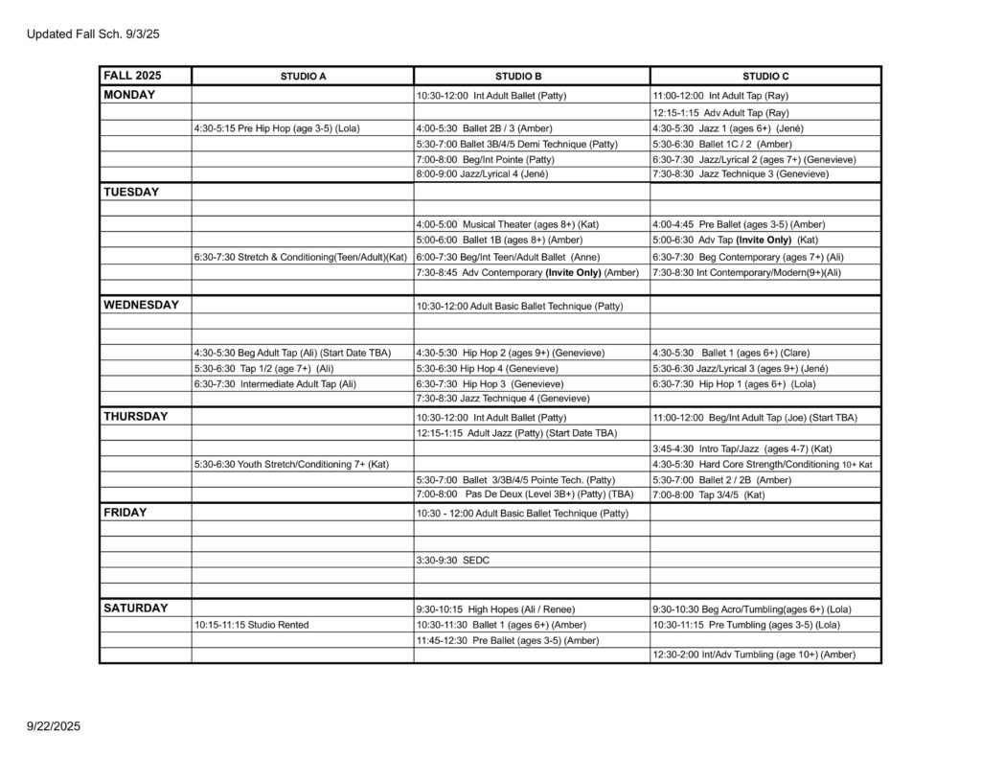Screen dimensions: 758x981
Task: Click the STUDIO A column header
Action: (302, 76)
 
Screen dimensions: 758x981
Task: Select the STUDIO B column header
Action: (531, 76)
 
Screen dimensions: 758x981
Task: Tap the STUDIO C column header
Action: (765, 76)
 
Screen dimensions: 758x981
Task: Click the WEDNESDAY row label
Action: (141, 305)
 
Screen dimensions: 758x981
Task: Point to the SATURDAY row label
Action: (136, 608)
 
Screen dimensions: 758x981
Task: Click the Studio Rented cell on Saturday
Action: (251, 625)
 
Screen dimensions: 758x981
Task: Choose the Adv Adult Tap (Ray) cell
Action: (720, 112)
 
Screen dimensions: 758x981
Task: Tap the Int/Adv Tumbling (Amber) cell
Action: (753, 655)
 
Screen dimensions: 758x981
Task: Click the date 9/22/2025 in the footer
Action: (54, 726)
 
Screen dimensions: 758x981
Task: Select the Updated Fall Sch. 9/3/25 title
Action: (93, 34)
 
